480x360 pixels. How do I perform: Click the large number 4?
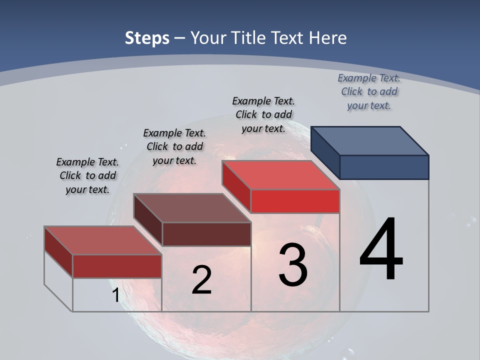381,249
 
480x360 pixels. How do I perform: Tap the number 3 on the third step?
292,264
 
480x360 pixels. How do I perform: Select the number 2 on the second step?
201,280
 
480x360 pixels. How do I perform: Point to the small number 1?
115,295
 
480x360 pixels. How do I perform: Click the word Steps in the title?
147,38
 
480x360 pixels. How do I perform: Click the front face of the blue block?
384,167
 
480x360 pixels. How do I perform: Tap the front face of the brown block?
206,234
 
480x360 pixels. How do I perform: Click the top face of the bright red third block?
280,175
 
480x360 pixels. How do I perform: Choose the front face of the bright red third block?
295,201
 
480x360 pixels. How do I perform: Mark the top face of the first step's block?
102,240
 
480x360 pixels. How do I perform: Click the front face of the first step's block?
117,266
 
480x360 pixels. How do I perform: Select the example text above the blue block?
369,91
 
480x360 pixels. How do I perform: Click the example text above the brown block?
174,146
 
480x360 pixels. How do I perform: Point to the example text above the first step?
87,175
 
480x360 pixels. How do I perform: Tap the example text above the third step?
263,114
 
